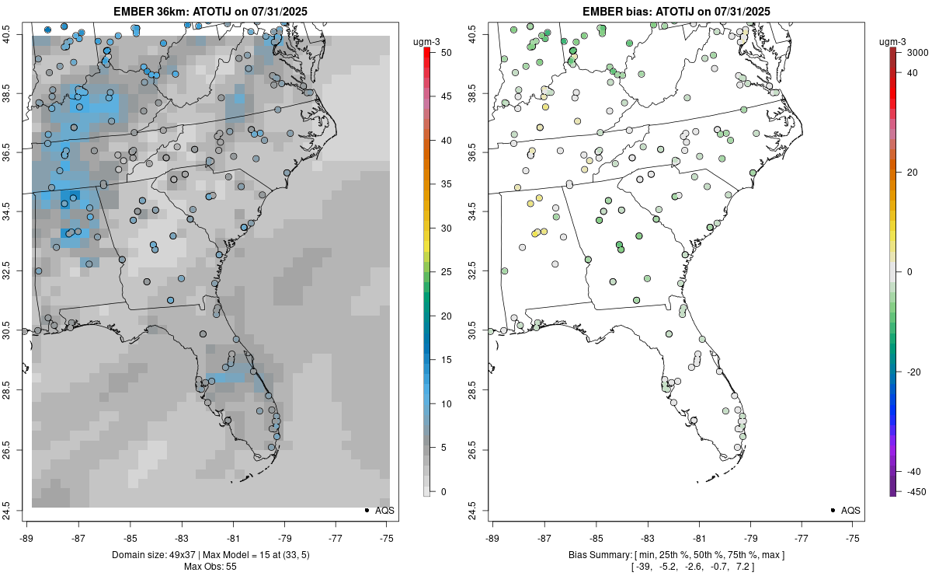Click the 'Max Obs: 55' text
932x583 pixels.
[x=210, y=566]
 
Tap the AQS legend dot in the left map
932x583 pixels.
[x=366, y=510]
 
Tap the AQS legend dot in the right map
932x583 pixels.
[x=832, y=510]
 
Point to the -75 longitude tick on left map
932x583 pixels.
[x=388, y=536]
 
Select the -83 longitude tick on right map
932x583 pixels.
[x=647, y=536]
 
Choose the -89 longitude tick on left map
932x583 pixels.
[x=26, y=536]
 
